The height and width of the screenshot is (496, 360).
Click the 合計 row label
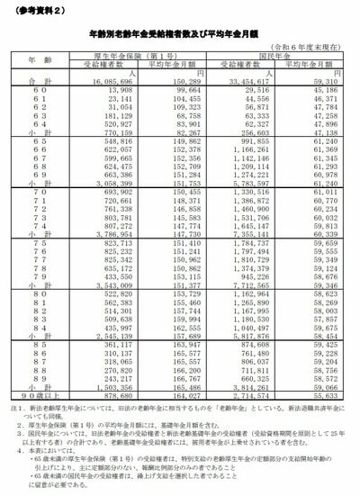click(x=34, y=81)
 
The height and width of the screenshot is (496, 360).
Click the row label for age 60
click(x=34, y=90)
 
